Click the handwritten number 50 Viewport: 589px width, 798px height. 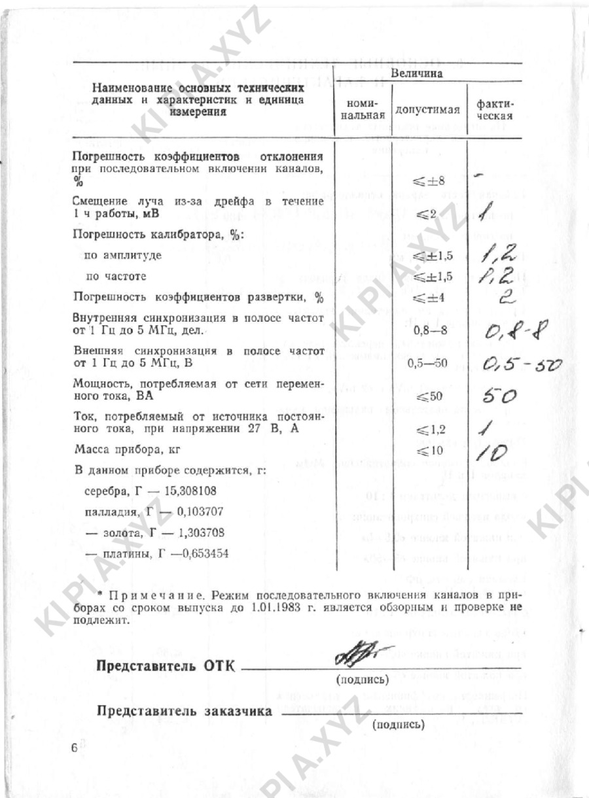[501, 395]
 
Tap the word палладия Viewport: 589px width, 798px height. [109, 511]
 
